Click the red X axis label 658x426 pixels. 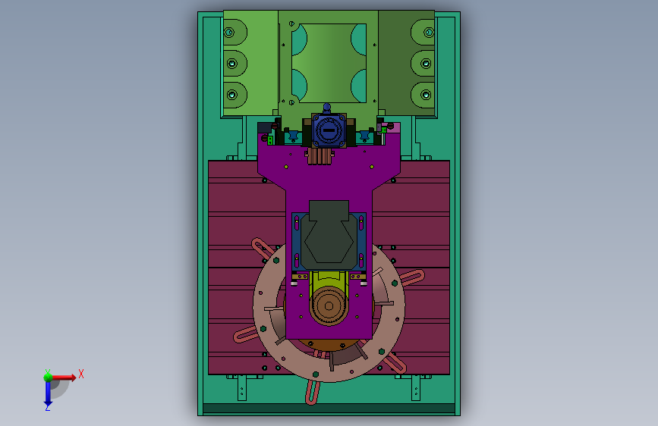(x=81, y=374)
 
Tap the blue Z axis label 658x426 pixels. (x=48, y=407)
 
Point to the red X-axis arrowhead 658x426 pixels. (x=73, y=377)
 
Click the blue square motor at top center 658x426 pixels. (x=329, y=130)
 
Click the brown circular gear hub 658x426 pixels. (x=329, y=306)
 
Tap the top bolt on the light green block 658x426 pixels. (x=229, y=33)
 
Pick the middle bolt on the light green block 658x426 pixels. (x=232, y=64)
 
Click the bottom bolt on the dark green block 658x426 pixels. (x=426, y=95)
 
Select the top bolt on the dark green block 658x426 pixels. (x=429, y=33)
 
